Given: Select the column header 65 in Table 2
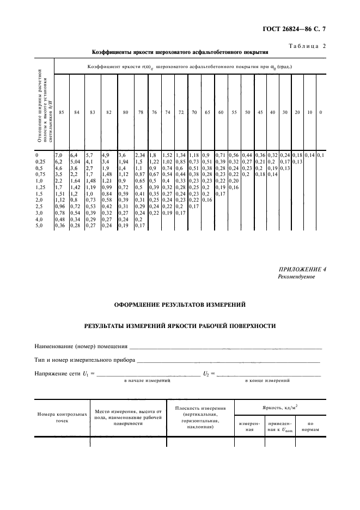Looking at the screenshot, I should [x=208, y=112].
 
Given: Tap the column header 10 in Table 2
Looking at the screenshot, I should [x=309, y=112].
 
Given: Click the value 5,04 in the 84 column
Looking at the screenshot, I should [x=76, y=162].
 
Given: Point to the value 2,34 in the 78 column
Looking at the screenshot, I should [x=140, y=155].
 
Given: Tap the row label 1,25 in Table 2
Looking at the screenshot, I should [x=40, y=187].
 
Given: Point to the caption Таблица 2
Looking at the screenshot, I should [x=307, y=46].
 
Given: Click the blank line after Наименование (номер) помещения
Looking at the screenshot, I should [x=225, y=347].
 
